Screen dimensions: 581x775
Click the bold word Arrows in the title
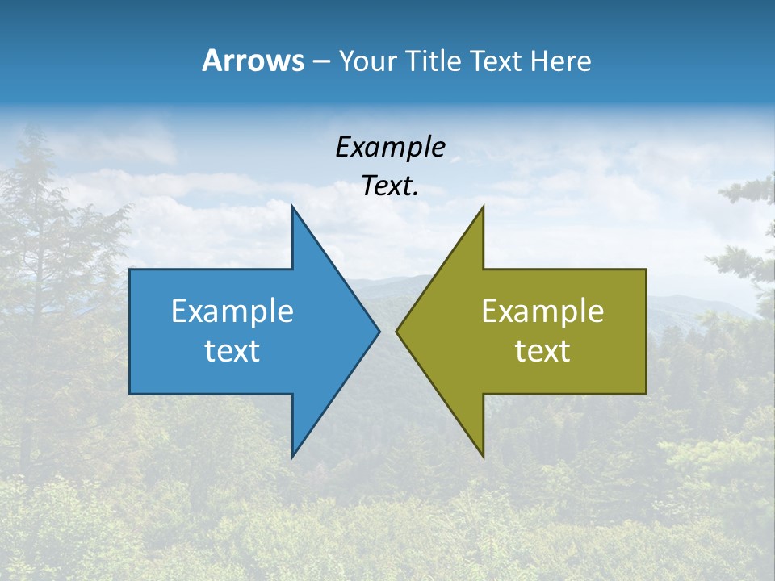[253, 61]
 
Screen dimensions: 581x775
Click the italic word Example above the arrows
[390, 147]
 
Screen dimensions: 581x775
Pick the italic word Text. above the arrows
[390, 186]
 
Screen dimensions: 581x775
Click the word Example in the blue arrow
[232, 311]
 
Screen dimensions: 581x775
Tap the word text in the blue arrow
[232, 351]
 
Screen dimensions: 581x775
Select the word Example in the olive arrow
[542, 311]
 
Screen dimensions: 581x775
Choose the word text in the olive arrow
[542, 351]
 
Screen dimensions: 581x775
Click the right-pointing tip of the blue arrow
[379, 331]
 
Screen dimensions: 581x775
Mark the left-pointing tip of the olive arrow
[396, 331]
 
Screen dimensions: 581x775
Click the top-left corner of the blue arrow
[130, 270]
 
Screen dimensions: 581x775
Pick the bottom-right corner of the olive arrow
[646, 394]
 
